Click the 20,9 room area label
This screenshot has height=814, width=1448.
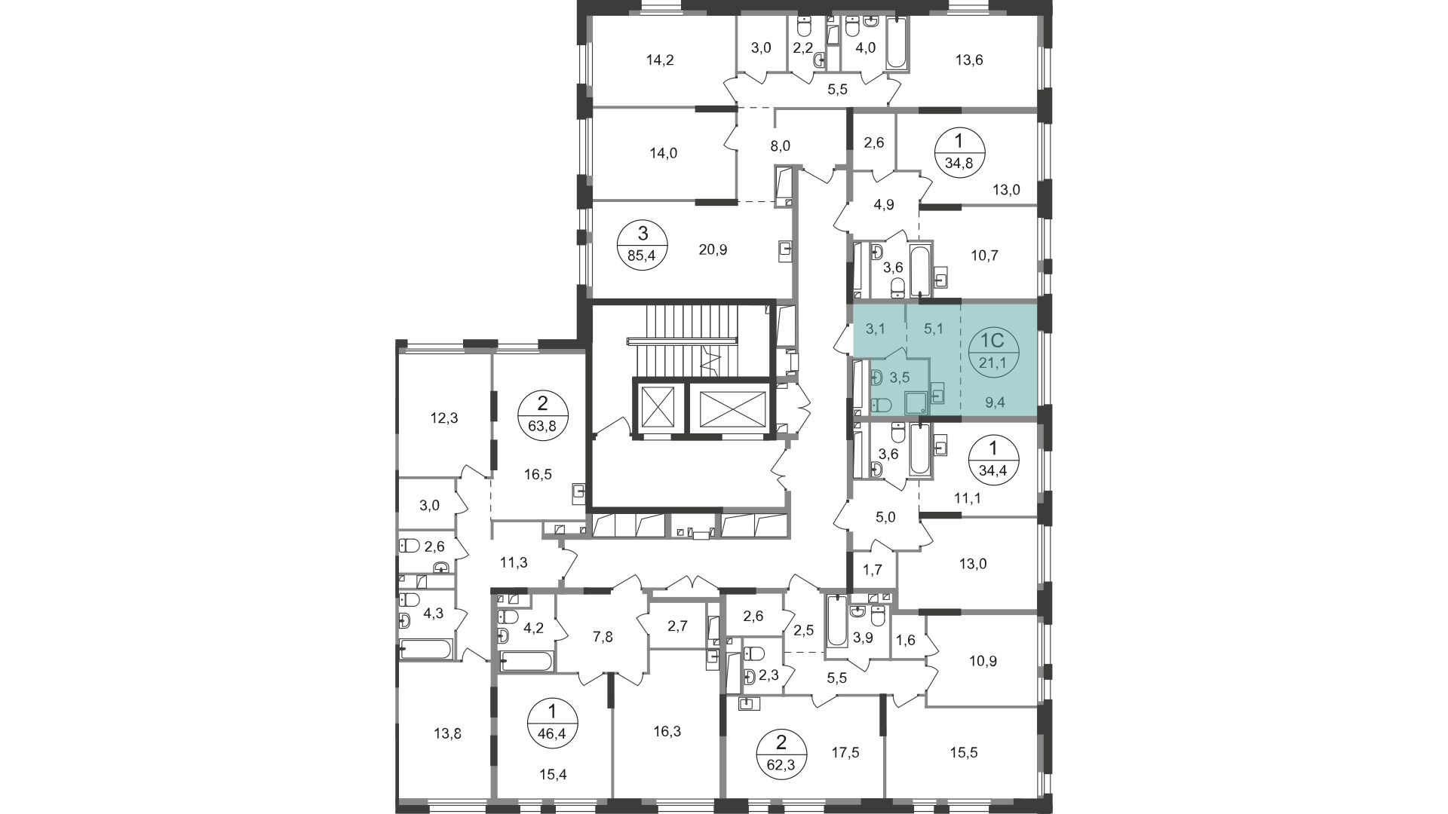tap(713, 250)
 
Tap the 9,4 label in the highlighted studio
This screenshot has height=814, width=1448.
tap(995, 402)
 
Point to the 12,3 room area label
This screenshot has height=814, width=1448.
tap(444, 418)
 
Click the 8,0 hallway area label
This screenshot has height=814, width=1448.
tap(781, 145)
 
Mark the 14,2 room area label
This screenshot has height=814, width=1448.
tap(660, 60)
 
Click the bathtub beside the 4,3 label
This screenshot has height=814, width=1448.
tap(426, 649)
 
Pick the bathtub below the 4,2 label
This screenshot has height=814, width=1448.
tap(526, 662)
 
